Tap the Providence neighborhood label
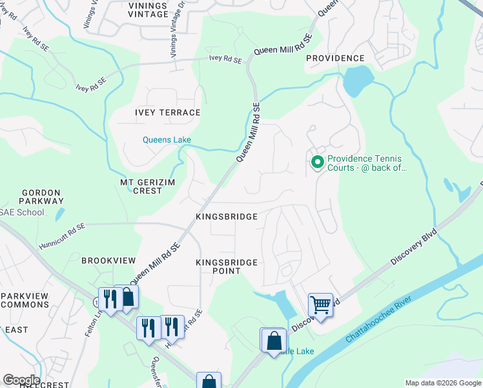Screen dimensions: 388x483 point(335,58)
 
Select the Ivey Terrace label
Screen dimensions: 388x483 point(167,113)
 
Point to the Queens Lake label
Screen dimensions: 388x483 point(167,140)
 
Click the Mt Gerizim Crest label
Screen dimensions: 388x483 point(149,187)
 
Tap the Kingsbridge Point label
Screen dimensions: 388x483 point(227,266)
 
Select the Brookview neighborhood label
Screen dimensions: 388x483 point(108,260)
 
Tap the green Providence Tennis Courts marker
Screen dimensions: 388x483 point(317,163)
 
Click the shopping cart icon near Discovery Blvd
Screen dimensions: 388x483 point(320,304)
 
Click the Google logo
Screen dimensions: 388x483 point(21,380)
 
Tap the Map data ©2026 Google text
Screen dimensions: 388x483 point(442,383)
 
